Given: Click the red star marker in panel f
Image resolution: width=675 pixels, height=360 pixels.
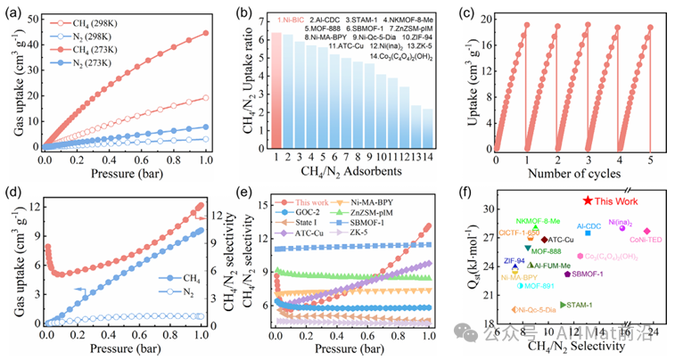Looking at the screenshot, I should pyautogui.click(x=588, y=202).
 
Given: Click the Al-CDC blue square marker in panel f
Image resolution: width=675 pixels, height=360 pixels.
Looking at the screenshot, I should pyautogui.click(x=588, y=233).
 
